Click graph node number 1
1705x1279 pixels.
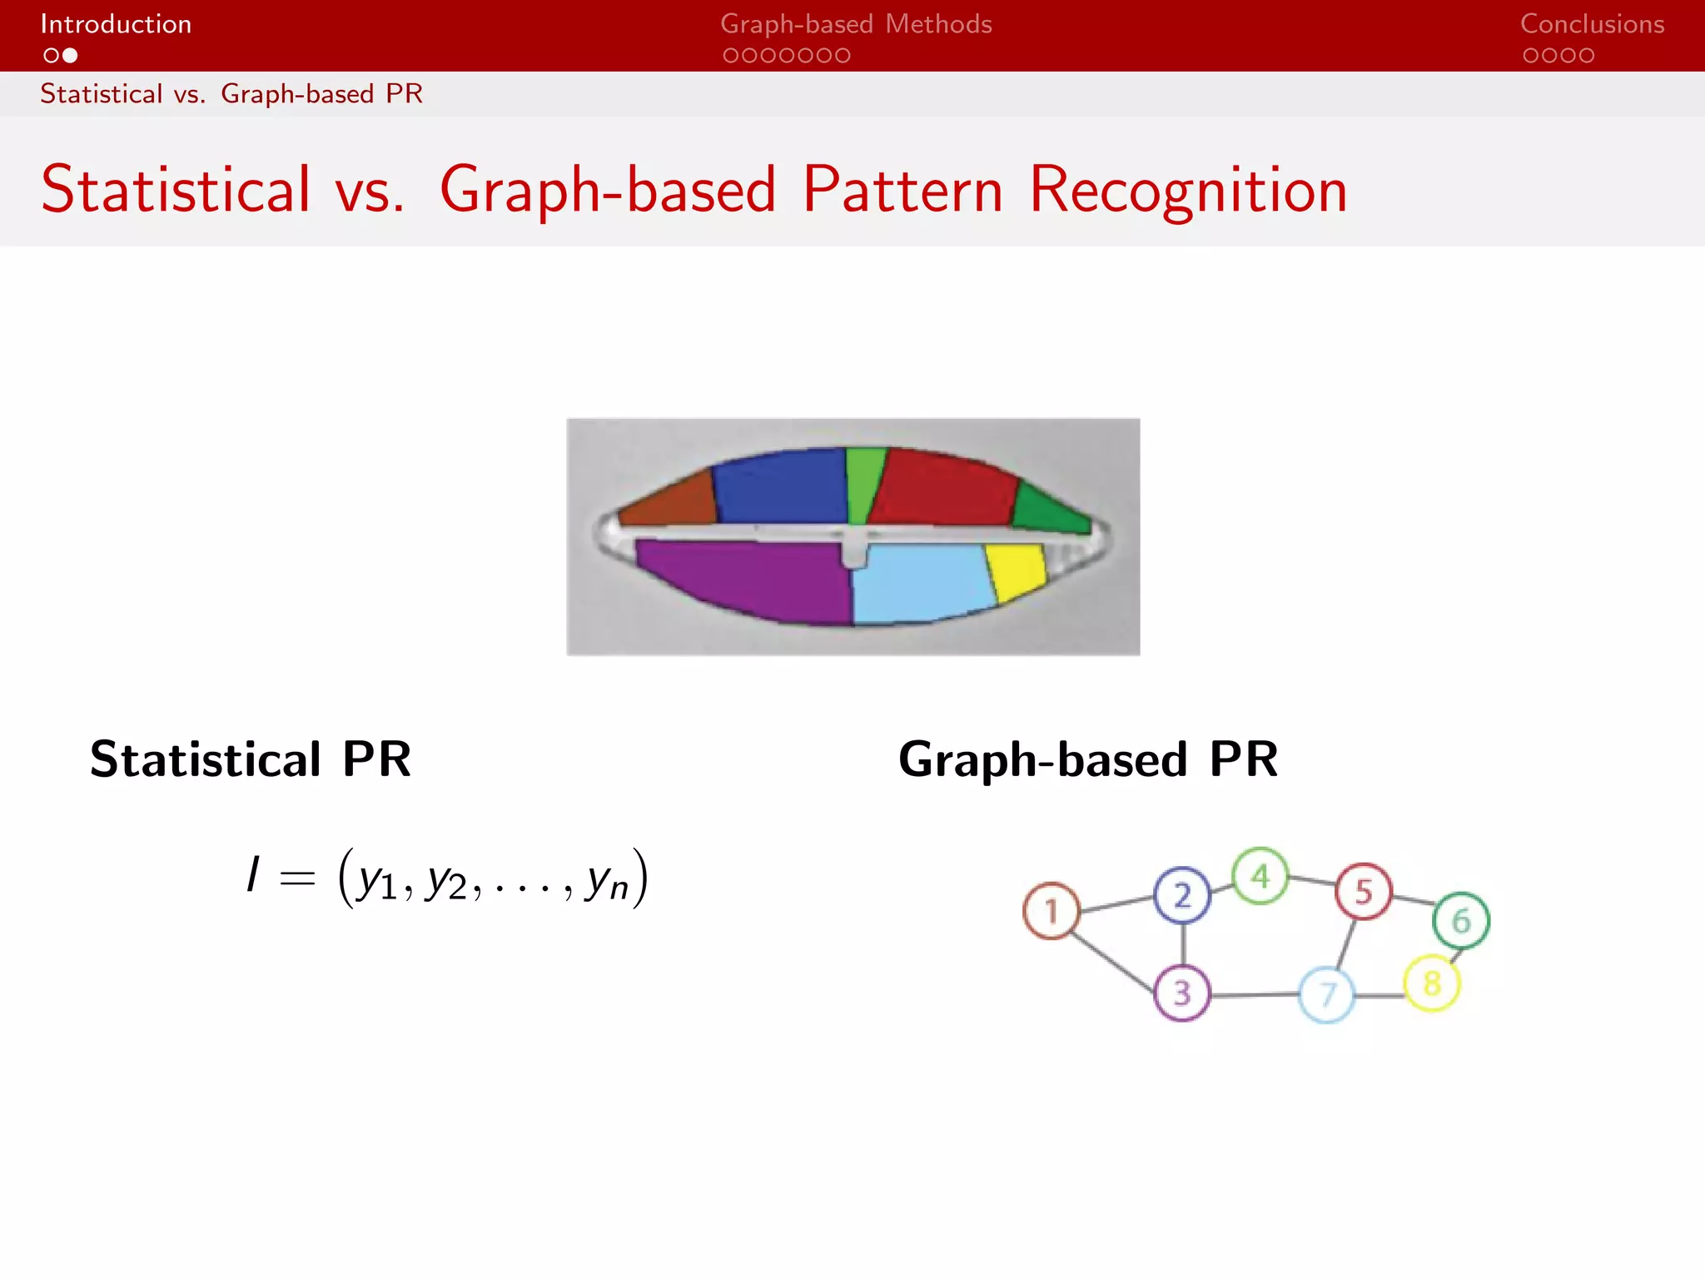pos(1051,911)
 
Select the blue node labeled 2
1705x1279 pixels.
pos(1182,895)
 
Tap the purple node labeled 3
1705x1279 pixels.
pos(1182,993)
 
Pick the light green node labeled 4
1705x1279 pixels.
pos(1260,876)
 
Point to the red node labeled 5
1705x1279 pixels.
pos(1364,892)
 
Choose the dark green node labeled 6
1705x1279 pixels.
pos(1461,920)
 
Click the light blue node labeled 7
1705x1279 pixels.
pos(1327,994)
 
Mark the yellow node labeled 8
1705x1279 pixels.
pos(1432,983)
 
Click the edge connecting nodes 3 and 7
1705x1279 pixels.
pos(1254,994)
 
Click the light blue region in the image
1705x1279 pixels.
pos(920,583)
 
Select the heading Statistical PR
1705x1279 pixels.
pos(251,759)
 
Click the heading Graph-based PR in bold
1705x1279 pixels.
pos(1088,759)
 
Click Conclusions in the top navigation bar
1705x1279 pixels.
pos(1592,24)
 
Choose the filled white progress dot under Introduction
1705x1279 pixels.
pos(71,56)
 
